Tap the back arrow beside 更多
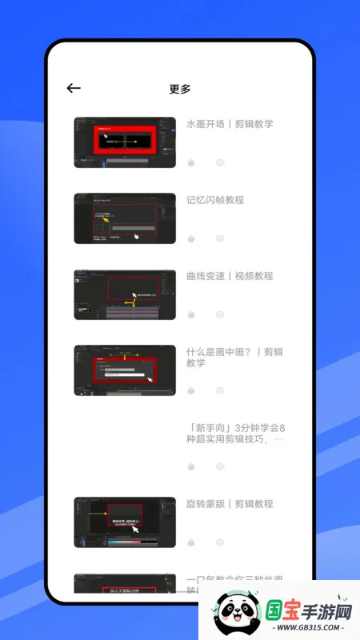click(x=74, y=88)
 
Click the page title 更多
click(x=180, y=89)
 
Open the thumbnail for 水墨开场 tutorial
click(x=125, y=142)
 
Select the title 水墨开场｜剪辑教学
click(x=230, y=124)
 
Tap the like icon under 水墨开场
click(x=191, y=162)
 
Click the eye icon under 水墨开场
click(x=220, y=162)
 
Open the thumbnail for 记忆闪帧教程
click(x=125, y=218)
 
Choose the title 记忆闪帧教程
click(x=215, y=200)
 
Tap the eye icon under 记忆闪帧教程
click(x=220, y=238)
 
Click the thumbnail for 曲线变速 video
click(x=125, y=294)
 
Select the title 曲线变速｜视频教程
click(x=230, y=276)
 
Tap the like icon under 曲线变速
click(x=191, y=314)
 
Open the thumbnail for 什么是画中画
click(x=125, y=370)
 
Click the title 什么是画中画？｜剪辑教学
click(x=234, y=357)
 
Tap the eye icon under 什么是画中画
click(x=220, y=390)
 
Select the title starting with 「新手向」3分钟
click(x=236, y=433)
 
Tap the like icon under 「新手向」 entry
click(x=191, y=466)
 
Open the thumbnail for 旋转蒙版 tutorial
click(x=125, y=522)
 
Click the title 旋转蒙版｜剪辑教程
click(x=230, y=504)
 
